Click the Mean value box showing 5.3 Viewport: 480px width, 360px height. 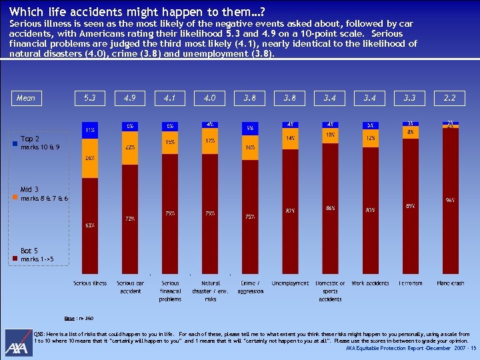90,98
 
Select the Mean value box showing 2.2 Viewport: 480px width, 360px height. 449,98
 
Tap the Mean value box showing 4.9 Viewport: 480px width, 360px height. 130,98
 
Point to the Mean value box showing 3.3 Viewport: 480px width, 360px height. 409,98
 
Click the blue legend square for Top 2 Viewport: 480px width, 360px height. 15,143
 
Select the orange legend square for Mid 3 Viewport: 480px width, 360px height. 15,198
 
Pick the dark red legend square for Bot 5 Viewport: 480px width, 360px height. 15,259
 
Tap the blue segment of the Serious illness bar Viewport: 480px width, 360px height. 90,129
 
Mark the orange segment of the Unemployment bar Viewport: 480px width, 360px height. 290,138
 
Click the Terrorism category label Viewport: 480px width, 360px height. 409,283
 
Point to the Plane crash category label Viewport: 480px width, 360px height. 449,283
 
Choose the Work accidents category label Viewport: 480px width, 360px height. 370,283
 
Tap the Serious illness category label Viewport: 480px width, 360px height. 90,283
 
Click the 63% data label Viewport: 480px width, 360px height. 89,225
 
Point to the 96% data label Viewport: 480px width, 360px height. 450,199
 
